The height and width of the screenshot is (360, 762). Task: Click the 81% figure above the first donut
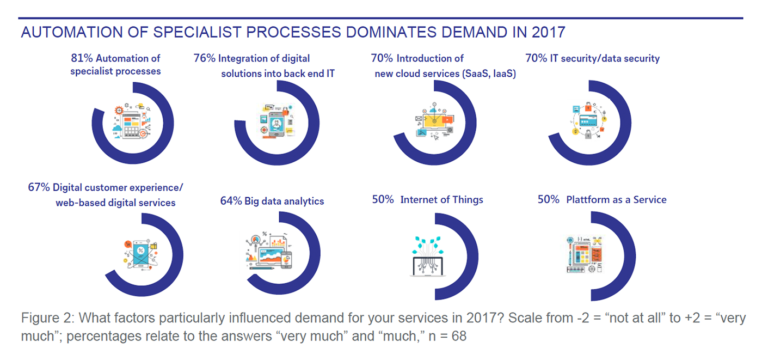pyautogui.click(x=81, y=58)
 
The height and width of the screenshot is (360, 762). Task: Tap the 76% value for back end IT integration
pyautogui.click(x=204, y=58)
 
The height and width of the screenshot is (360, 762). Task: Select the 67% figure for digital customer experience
pyautogui.click(x=39, y=187)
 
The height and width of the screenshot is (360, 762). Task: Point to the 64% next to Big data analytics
pyautogui.click(x=230, y=201)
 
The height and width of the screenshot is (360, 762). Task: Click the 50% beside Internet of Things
pyautogui.click(x=383, y=200)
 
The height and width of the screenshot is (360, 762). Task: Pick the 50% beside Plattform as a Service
pyautogui.click(x=548, y=200)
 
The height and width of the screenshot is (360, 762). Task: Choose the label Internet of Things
pyautogui.click(x=441, y=200)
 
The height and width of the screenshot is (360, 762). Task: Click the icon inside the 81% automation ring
pyautogui.click(x=131, y=120)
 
